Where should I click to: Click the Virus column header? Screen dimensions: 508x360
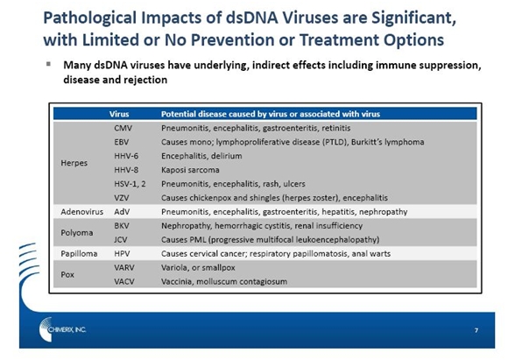(119, 114)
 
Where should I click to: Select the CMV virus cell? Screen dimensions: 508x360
(123, 128)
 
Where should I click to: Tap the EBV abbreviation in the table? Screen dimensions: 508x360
(121, 142)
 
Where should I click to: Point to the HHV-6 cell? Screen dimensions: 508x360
(126, 156)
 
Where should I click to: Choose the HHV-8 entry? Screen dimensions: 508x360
(126, 170)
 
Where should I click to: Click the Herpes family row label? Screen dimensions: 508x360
(74, 163)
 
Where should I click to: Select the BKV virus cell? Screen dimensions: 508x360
(122, 225)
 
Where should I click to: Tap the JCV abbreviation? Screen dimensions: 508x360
(121, 239)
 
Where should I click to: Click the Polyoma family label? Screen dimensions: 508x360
(77, 233)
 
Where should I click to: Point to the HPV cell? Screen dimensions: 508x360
(122, 253)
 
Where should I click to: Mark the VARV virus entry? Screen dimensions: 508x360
(124, 267)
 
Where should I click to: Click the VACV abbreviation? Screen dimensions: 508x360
(124, 281)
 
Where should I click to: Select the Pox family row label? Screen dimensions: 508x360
(67, 274)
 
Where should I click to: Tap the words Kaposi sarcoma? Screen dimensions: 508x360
(190, 170)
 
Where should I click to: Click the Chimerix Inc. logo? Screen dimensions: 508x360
(62, 329)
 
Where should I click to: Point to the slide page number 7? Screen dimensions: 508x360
(476, 330)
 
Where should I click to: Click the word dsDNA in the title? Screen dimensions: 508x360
(251, 18)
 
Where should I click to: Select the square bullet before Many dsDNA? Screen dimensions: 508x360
(48, 64)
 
